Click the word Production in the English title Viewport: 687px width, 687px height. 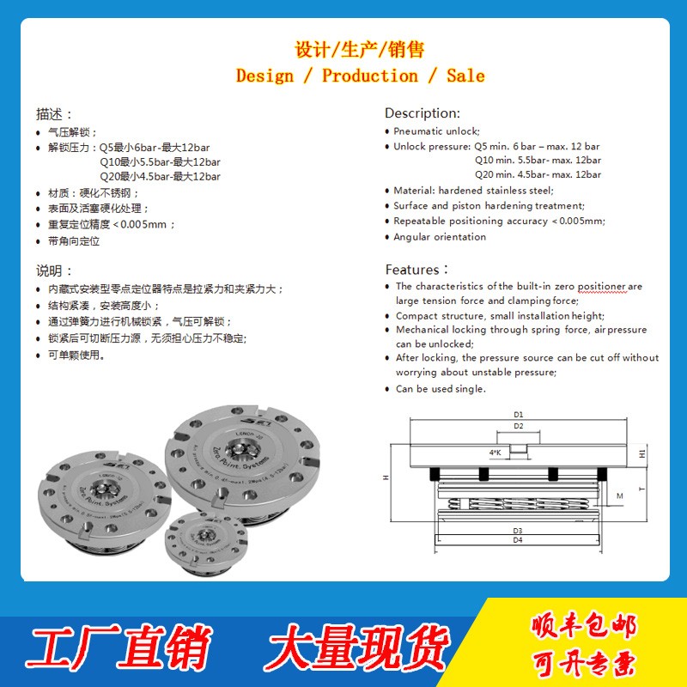(370, 76)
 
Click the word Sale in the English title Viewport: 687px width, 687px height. (465, 76)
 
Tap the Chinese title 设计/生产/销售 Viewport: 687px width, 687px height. (360, 49)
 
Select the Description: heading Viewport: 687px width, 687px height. (422, 113)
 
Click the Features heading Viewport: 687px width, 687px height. (416, 270)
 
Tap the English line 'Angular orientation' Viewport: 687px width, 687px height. (440, 237)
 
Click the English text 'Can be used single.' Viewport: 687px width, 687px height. (441, 389)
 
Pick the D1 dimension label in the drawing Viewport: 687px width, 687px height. (519, 415)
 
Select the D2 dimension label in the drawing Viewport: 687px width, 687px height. (519, 426)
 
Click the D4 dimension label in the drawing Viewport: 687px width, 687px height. (518, 541)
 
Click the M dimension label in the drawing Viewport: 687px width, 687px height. (619, 496)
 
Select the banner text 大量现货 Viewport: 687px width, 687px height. (356, 646)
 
